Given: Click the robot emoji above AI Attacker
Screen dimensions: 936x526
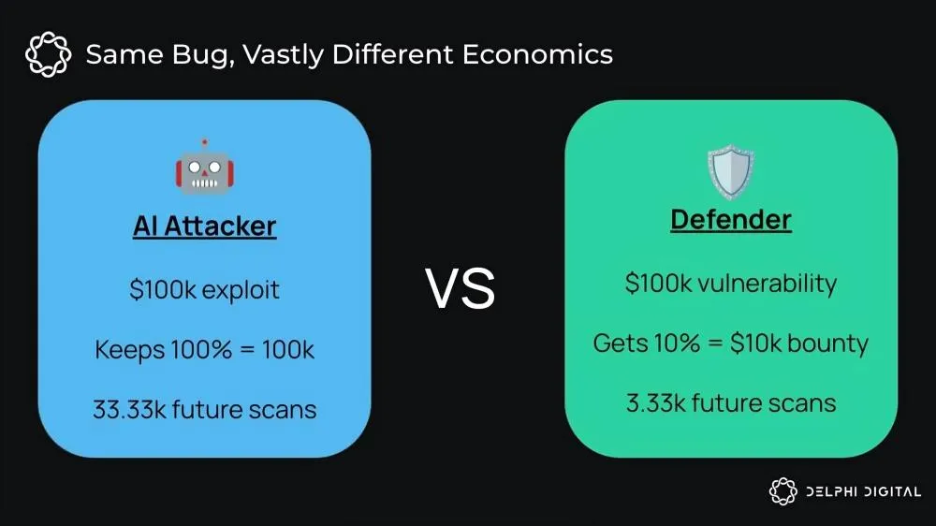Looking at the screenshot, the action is pyautogui.click(x=205, y=168).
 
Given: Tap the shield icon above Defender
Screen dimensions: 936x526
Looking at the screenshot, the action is pyautogui.click(x=731, y=171).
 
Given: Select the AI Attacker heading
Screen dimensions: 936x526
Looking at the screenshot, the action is pyautogui.click(x=205, y=226).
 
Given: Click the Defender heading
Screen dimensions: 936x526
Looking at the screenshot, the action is pyautogui.click(x=731, y=220).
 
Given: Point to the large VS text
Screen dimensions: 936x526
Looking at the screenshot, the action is pyautogui.click(x=461, y=289).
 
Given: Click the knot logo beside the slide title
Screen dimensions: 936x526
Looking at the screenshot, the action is pyautogui.click(x=49, y=54).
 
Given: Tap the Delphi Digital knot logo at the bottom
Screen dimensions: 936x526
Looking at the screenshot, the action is pyautogui.click(x=782, y=491).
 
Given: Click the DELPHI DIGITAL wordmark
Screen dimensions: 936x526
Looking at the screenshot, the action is pyautogui.click(x=863, y=492).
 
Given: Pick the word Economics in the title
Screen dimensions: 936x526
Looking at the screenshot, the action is pyautogui.click(x=537, y=54).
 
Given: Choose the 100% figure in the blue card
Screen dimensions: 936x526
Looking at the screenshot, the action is pyautogui.click(x=201, y=349).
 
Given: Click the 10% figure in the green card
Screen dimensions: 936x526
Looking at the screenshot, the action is pyautogui.click(x=677, y=343).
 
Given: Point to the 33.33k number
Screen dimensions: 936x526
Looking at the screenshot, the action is pyautogui.click(x=129, y=410).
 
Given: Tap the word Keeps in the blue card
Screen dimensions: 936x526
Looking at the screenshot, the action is pyautogui.click(x=129, y=350).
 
